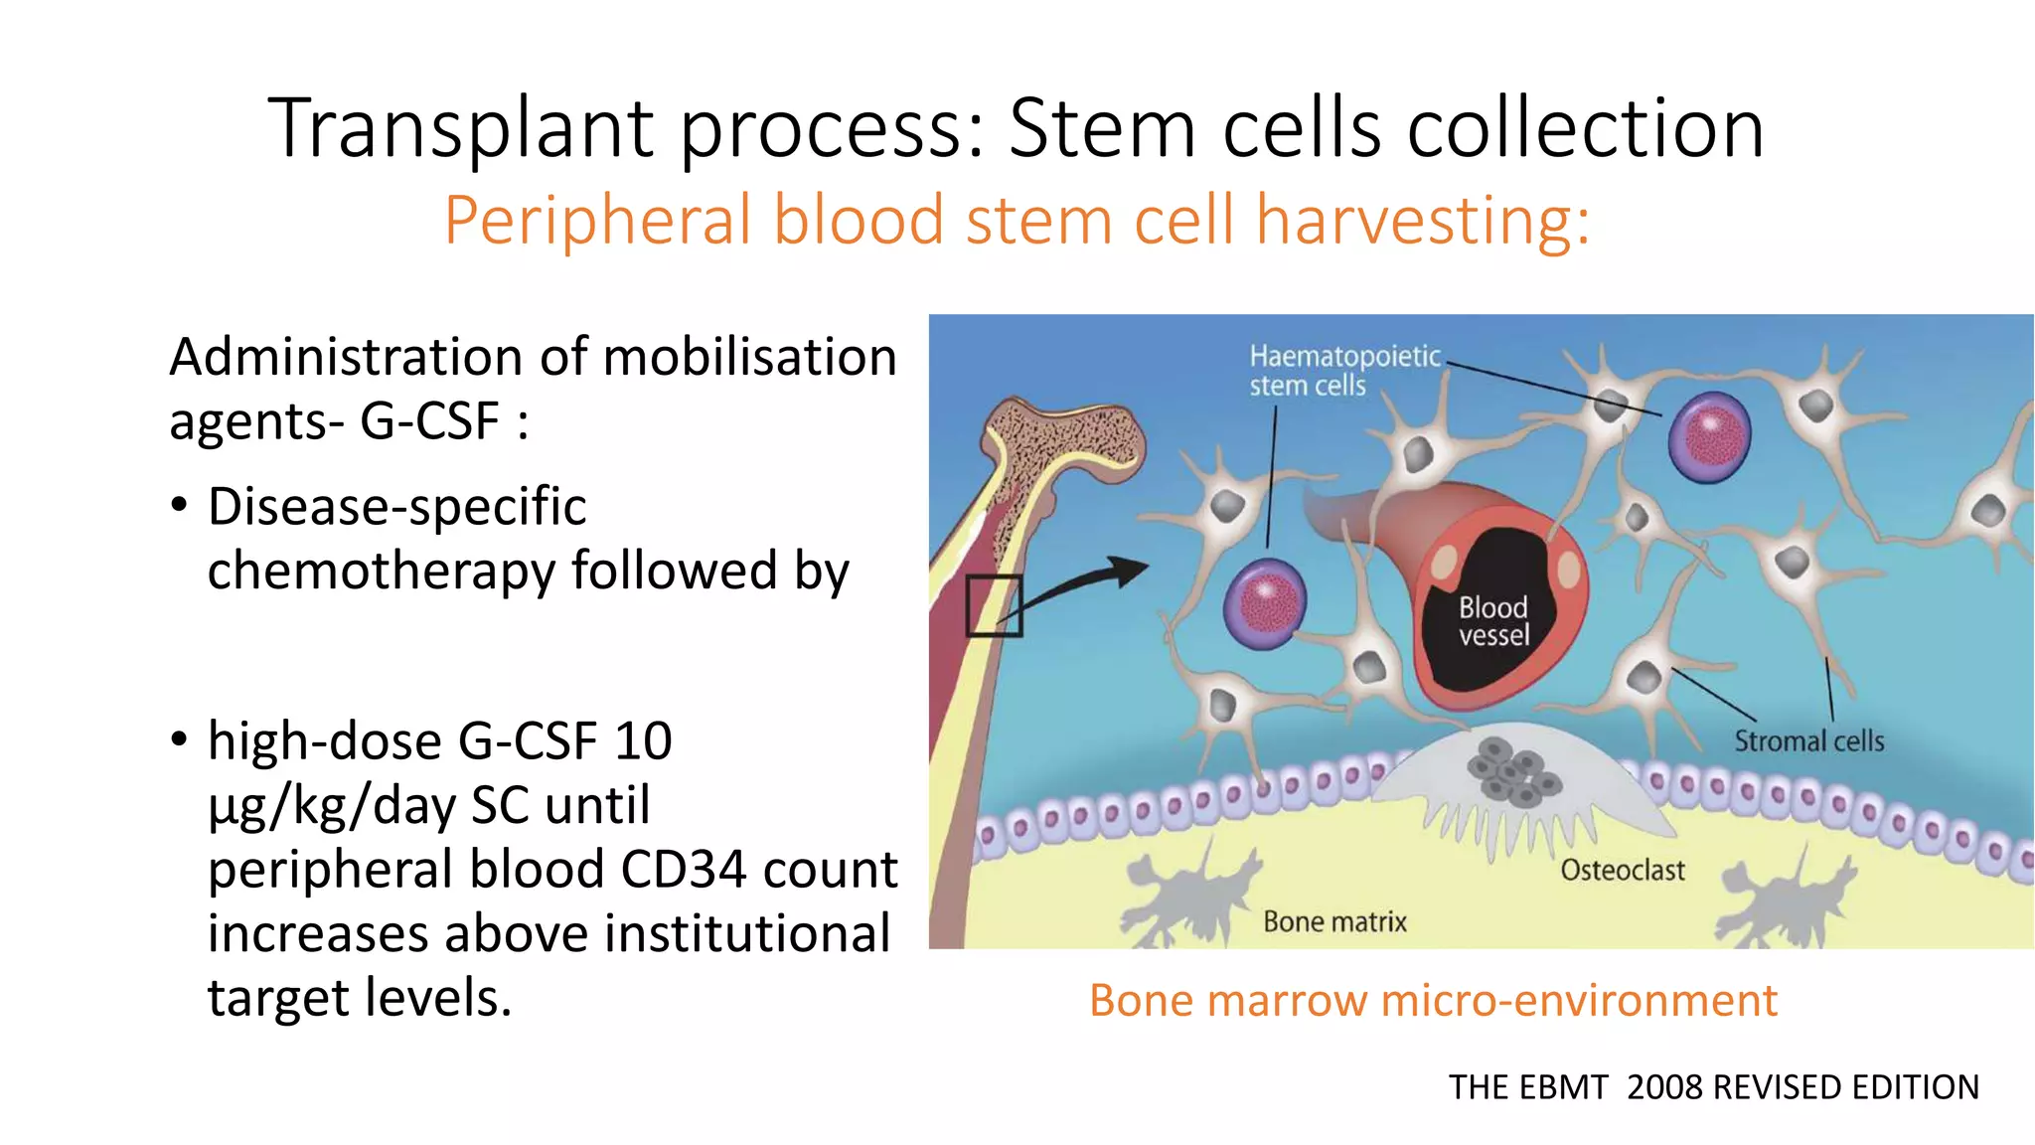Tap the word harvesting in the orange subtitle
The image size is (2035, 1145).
tap(1422, 221)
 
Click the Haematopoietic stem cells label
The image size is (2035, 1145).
tap(1343, 371)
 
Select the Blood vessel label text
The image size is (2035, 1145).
tap(1493, 621)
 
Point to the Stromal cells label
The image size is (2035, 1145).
tap(1808, 741)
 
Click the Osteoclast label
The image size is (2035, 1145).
tap(1622, 871)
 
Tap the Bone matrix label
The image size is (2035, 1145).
tap(1334, 922)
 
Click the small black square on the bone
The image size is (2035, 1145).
tap(994, 604)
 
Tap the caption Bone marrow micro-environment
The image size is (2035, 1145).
tap(1433, 1001)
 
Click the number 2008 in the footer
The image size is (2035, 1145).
tap(1665, 1087)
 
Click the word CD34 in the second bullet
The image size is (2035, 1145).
tap(684, 870)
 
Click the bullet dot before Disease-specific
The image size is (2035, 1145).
tap(179, 506)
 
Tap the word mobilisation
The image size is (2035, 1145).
tap(750, 358)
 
